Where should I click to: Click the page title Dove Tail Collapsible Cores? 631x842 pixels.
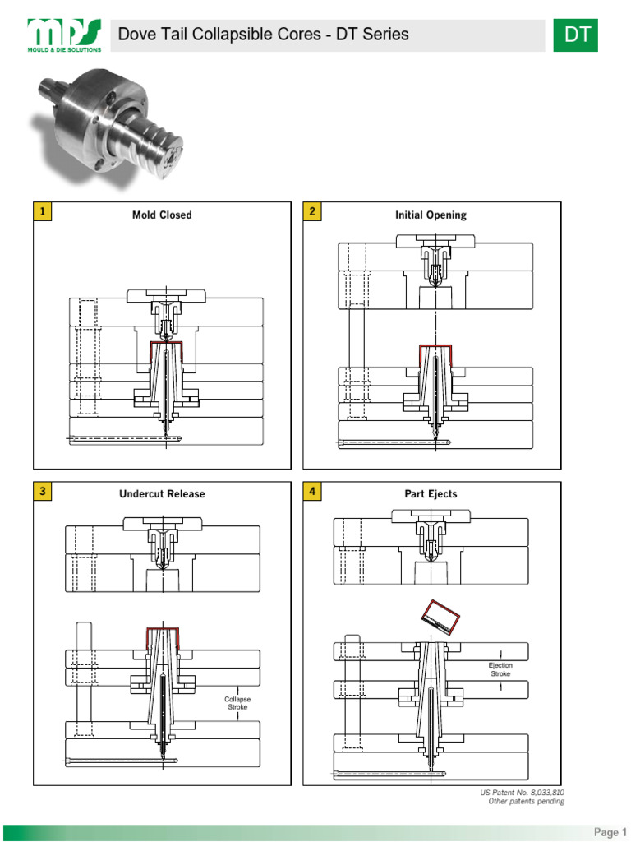click(263, 34)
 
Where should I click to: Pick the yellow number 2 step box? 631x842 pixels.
click(312, 212)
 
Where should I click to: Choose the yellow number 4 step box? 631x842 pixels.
click(312, 492)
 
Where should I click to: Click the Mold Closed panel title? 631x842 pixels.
click(162, 215)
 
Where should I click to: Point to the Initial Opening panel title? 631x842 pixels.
click(431, 215)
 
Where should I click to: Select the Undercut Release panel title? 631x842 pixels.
click(162, 494)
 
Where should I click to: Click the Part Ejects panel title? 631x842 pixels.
click(431, 494)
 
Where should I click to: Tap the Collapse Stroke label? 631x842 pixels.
click(237, 703)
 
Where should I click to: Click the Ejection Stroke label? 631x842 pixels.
click(500, 669)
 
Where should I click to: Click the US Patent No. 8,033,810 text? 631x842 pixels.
click(522, 793)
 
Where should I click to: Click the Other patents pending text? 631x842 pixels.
click(526, 802)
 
